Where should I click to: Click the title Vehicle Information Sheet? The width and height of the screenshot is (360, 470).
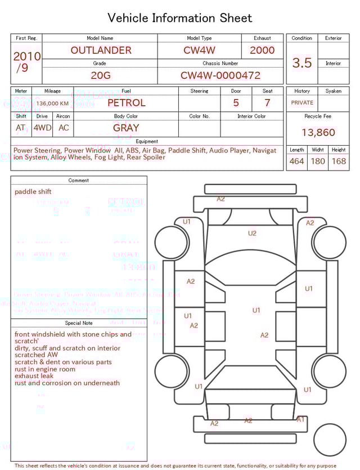click(180, 18)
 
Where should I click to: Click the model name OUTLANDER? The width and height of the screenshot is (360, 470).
click(101, 50)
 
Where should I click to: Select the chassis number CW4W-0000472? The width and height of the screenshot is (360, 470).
click(220, 75)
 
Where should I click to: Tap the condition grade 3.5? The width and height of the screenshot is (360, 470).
click(302, 63)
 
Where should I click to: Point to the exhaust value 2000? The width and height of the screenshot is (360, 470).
click(262, 50)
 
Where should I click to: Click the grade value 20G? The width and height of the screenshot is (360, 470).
click(100, 75)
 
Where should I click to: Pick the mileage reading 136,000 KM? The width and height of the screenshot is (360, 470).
click(52, 104)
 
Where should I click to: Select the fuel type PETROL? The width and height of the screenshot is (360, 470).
click(126, 103)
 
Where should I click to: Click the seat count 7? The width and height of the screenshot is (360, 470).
click(267, 103)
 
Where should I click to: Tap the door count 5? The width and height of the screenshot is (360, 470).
click(236, 103)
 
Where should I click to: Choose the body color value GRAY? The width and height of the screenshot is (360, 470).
click(126, 128)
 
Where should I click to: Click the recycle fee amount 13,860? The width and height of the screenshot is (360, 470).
click(318, 133)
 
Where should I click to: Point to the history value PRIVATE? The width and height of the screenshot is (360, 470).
click(302, 103)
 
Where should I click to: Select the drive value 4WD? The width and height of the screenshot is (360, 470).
click(42, 128)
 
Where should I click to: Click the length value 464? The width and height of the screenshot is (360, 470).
click(296, 162)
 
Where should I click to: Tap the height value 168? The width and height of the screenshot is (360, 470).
click(339, 162)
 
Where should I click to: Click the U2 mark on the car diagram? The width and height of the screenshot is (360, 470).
click(252, 233)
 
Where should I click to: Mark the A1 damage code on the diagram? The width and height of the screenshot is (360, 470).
click(300, 419)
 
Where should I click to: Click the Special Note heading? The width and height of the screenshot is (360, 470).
click(79, 323)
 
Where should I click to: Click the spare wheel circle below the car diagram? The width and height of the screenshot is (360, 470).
click(330, 440)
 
